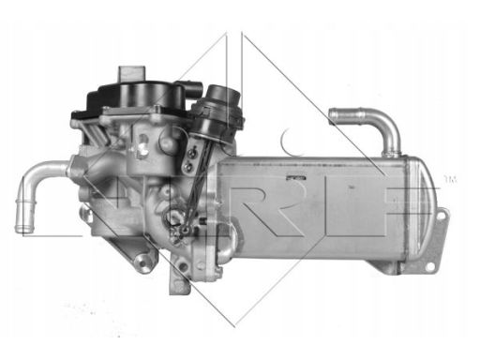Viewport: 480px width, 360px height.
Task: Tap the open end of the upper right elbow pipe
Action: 335,116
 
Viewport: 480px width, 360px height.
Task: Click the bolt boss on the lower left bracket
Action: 142,262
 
